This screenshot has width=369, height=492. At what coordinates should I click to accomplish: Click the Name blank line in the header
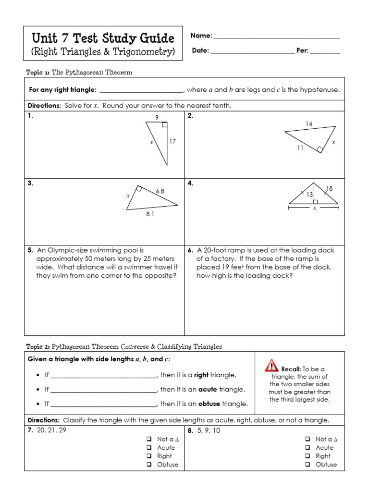tap(277, 37)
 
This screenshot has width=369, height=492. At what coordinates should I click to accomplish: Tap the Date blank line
tap(253, 51)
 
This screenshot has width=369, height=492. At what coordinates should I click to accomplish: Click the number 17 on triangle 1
tap(173, 142)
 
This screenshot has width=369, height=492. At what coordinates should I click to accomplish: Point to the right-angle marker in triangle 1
tap(164, 125)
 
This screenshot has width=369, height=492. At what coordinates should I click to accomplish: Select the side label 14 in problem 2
tap(309, 124)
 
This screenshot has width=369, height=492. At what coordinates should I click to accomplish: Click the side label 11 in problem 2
tap(300, 148)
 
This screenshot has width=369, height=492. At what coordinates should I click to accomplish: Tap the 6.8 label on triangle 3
tap(160, 191)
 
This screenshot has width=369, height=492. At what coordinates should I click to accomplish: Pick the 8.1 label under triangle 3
tap(150, 215)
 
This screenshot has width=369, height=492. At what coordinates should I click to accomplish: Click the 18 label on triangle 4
tap(329, 189)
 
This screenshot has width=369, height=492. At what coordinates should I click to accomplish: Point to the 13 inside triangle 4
tap(310, 195)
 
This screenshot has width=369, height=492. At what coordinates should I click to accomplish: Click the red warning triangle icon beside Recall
tap(271, 366)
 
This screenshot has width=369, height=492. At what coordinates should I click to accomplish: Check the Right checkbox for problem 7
tap(149, 456)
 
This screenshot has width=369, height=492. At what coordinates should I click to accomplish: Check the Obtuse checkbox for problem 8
tap(307, 465)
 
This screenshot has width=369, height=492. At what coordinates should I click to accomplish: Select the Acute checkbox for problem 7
tap(149, 448)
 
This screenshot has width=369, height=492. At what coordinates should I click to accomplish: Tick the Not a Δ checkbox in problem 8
tap(307, 439)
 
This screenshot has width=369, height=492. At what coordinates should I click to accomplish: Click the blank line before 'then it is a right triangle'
tap(104, 375)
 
